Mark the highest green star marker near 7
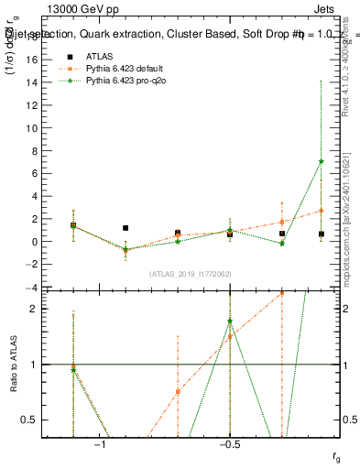[321, 161]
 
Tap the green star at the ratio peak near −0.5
[230, 322]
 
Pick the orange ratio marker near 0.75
[178, 391]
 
